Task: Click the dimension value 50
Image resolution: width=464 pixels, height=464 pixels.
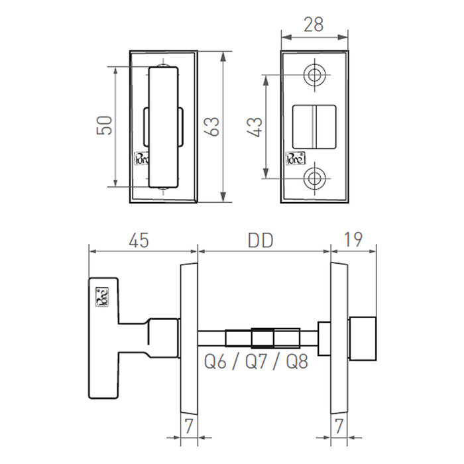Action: point(104,125)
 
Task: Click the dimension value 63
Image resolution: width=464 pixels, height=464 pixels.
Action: point(213,125)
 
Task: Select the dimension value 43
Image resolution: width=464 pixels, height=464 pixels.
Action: point(255,125)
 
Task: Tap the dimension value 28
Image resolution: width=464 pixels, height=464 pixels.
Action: point(314,25)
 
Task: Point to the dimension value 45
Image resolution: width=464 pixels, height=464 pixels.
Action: point(138,240)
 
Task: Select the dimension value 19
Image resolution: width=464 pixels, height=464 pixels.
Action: point(354,240)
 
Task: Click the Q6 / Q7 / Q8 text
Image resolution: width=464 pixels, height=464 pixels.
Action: point(256,362)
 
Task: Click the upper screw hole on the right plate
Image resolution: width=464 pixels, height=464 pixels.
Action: point(314,75)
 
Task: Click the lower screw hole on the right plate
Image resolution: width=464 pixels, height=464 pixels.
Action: point(314,177)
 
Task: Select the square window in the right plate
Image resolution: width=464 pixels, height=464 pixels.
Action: point(316,125)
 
